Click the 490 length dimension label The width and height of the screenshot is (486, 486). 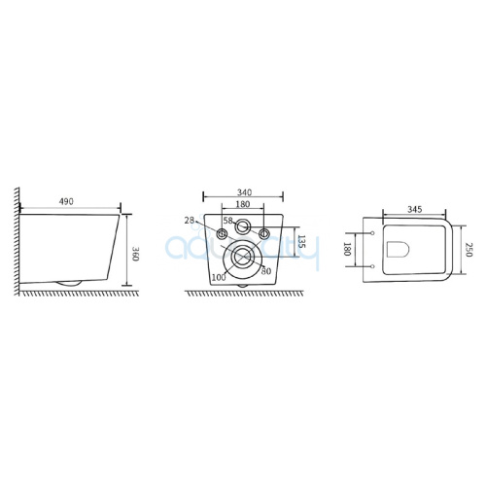pyautogui.click(x=66, y=201)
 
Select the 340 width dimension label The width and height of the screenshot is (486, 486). pyautogui.click(x=244, y=192)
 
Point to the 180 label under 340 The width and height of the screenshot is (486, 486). pyautogui.click(x=243, y=204)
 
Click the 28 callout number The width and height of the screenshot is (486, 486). pyautogui.click(x=190, y=221)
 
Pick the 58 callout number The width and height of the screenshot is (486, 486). pyautogui.click(x=228, y=221)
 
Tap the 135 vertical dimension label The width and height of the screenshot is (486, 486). pyautogui.click(x=301, y=242)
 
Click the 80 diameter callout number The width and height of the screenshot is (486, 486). pyautogui.click(x=266, y=271)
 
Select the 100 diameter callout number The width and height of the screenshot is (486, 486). pyautogui.click(x=219, y=277)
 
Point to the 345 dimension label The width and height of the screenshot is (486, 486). pyautogui.click(x=415, y=209)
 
